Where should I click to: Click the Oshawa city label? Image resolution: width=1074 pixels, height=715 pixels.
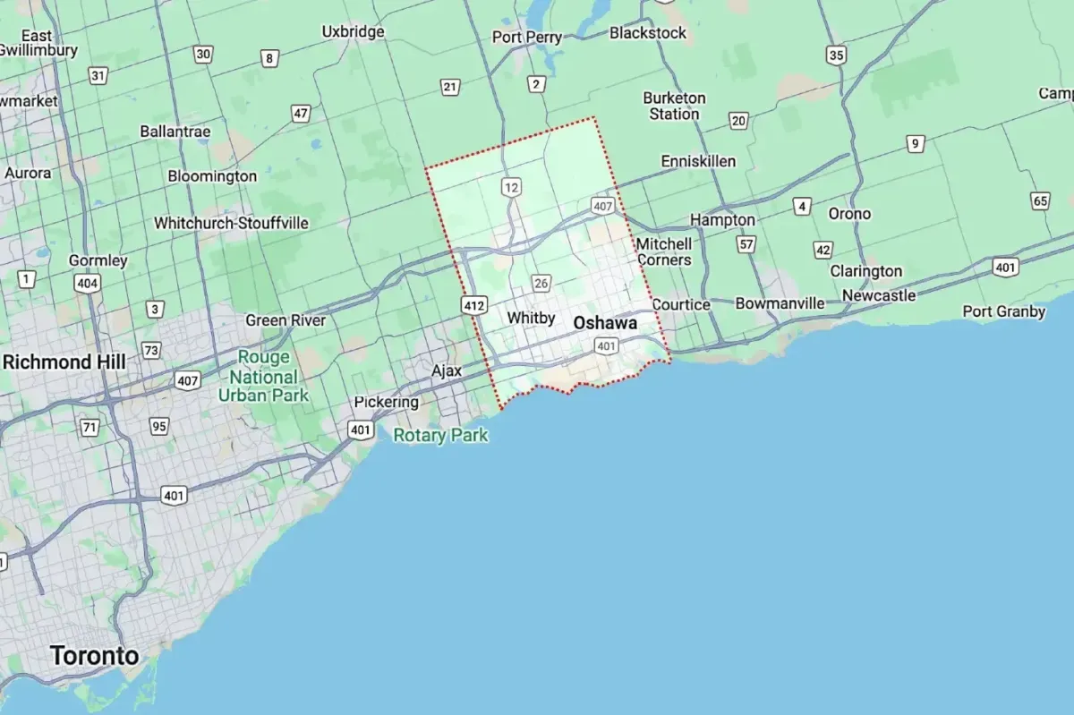tap(605, 322)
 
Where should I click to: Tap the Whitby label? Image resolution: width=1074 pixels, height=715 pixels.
tap(531, 318)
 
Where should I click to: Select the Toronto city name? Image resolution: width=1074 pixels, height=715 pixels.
tap(95, 655)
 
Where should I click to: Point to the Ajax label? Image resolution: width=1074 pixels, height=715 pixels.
tap(447, 370)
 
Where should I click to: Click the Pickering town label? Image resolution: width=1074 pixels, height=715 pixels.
tap(386, 402)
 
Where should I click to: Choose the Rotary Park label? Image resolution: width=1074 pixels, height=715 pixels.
tap(441, 436)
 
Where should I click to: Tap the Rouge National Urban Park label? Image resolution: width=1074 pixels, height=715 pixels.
tap(263, 376)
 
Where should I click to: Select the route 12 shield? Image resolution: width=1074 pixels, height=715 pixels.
tap(511, 187)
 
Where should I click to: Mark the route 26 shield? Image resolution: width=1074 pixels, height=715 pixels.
tap(541, 284)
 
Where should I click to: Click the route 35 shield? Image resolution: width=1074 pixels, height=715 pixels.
tap(836, 55)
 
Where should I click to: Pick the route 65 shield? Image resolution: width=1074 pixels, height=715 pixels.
tap(1040, 200)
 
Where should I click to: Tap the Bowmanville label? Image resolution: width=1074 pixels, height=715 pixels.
tap(780, 303)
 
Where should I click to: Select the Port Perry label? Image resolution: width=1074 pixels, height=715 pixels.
tap(527, 38)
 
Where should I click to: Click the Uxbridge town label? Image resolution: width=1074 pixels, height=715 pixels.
tap(353, 31)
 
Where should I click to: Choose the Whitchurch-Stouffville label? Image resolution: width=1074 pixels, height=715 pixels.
tap(231, 223)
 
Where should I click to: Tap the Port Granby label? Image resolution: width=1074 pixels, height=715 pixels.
tap(1003, 311)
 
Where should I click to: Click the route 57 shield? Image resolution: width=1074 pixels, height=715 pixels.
tap(746, 243)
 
